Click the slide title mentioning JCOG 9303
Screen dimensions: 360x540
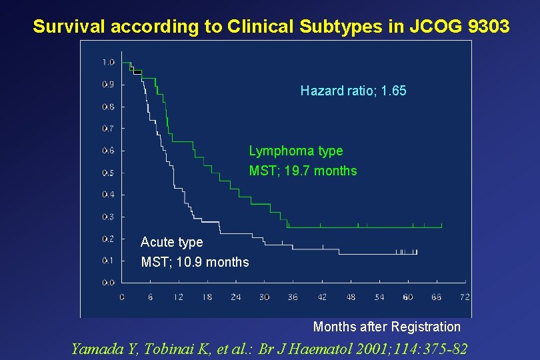click(271, 27)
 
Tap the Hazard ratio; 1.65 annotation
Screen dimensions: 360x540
click(353, 91)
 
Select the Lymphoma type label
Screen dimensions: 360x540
click(296, 151)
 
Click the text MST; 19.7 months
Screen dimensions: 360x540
click(303, 171)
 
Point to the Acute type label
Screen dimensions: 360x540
click(171, 242)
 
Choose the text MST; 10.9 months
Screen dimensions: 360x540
click(195, 262)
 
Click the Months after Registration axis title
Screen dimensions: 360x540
click(387, 327)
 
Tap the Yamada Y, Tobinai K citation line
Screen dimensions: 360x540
click(269, 348)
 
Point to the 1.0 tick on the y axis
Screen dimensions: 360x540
click(108, 63)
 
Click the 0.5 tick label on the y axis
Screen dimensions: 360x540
click(108, 173)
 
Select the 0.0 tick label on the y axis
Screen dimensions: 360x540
click(108, 283)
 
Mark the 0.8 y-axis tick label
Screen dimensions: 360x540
click(108, 107)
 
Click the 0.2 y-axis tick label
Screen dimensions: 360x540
click(108, 239)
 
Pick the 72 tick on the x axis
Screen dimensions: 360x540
click(465, 297)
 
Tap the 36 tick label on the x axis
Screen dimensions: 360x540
click(293, 297)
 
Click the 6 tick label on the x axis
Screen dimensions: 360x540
click(151, 297)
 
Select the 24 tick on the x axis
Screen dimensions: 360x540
click(235, 297)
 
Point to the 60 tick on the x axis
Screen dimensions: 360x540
click(407, 297)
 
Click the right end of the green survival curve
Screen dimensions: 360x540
click(441, 227)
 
